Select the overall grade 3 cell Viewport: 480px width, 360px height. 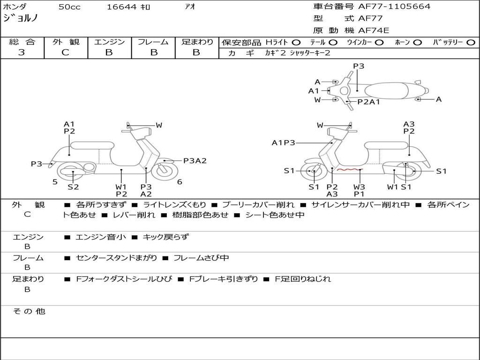22,52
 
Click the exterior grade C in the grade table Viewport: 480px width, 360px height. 66,52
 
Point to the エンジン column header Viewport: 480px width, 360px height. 109,42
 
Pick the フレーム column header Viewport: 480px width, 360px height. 153,42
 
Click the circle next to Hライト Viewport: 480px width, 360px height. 296,42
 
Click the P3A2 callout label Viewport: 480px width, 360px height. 195,161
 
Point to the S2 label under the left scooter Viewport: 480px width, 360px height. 73,187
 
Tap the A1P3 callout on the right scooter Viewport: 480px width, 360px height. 284,142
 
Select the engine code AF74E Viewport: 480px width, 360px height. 374,31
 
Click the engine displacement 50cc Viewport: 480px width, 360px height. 69,7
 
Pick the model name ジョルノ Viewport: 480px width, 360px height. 20,18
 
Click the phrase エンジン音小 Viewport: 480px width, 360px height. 101,237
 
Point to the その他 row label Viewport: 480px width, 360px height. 29,311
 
